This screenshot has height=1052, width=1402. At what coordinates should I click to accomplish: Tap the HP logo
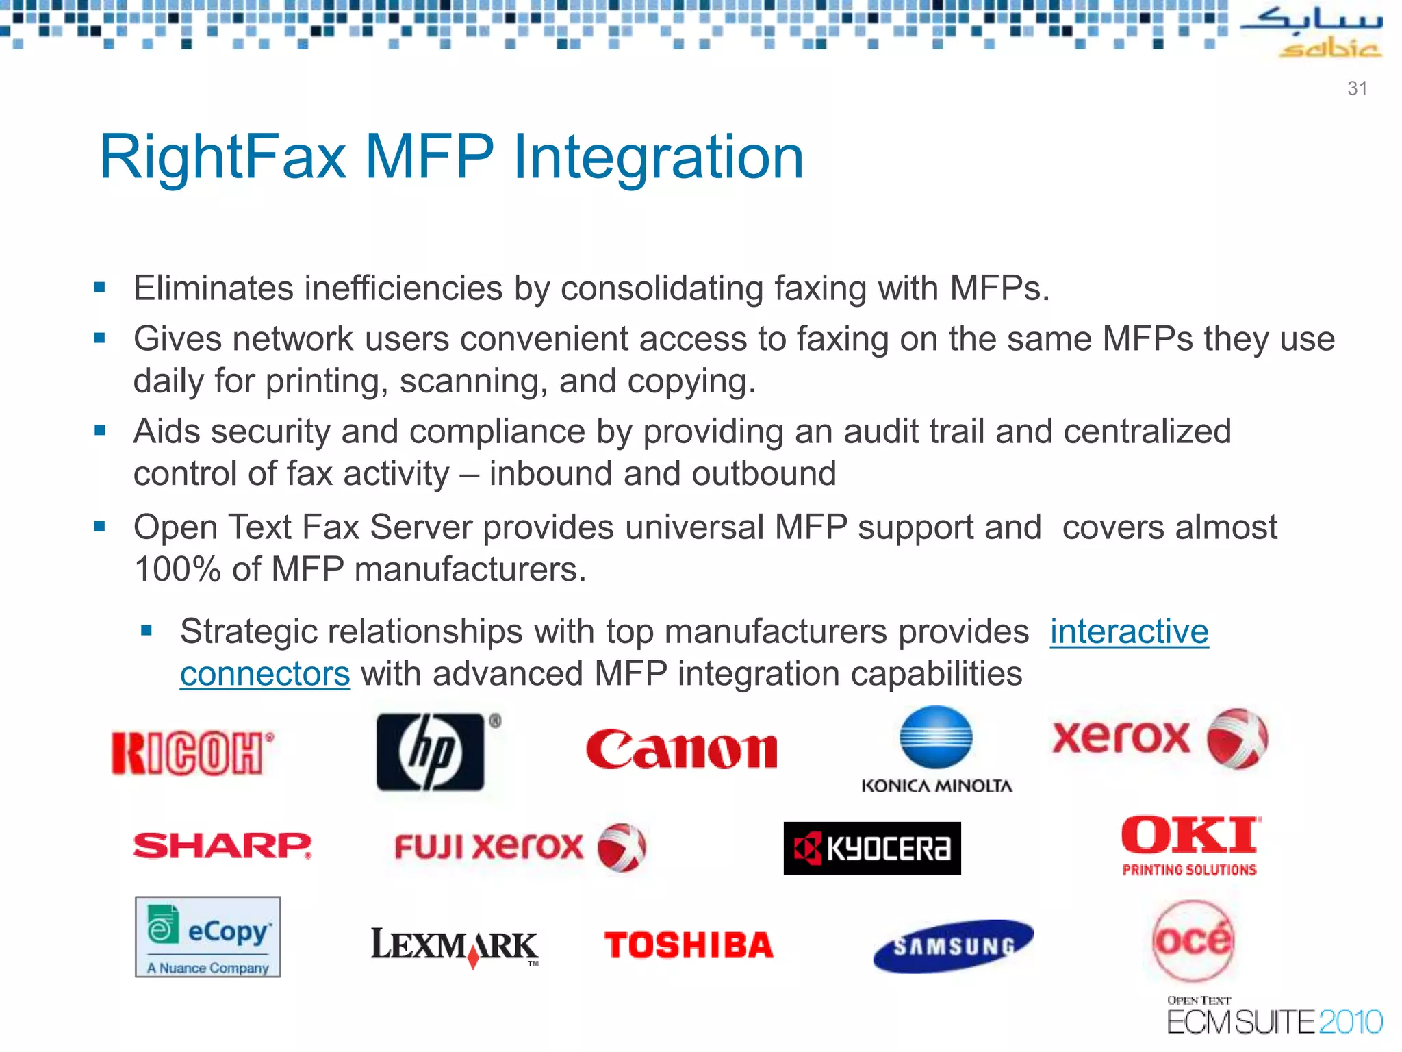431,752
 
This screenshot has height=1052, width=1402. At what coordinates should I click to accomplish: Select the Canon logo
682,750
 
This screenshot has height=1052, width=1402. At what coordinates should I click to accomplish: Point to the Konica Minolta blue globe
936,737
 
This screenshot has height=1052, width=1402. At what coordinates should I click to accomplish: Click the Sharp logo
222,846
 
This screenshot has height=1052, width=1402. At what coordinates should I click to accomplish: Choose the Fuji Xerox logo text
489,847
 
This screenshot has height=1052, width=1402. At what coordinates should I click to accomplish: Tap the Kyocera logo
872,849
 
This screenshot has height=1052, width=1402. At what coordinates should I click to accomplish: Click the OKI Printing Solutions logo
1190,845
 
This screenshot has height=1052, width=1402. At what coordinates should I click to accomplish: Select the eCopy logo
208,936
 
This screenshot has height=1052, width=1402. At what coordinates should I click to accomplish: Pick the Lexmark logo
455,946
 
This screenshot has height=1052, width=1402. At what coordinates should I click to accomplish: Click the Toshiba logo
689,946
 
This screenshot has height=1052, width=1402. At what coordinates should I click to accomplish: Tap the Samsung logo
954,946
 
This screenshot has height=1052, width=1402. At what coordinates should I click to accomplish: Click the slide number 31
1357,88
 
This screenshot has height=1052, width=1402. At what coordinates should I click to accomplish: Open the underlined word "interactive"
1129,631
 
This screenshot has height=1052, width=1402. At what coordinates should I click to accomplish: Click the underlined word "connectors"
265,674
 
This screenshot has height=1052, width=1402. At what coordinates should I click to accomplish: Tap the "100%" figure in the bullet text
177,569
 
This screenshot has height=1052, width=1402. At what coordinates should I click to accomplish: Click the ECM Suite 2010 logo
1273,1017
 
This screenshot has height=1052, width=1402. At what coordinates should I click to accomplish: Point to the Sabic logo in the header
1312,31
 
